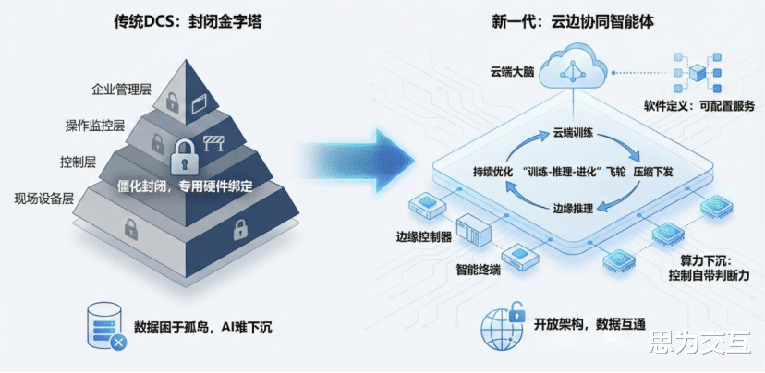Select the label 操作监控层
(95, 125)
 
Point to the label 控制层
(79, 162)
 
